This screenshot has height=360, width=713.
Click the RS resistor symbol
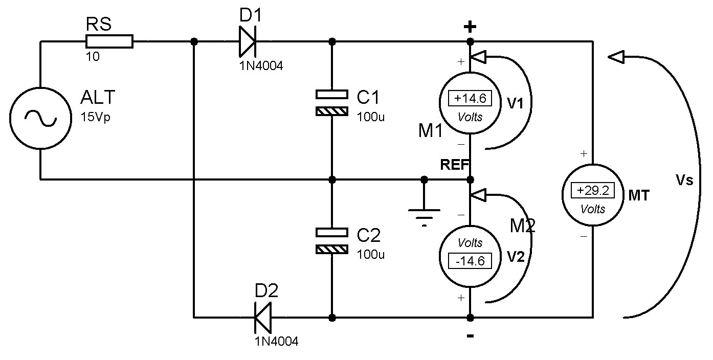click(x=109, y=41)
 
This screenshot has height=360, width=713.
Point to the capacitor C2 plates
click(x=332, y=241)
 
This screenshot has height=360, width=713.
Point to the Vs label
click(x=684, y=179)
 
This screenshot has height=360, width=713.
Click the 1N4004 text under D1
click(x=261, y=66)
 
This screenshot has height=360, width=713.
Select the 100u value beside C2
click(x=371, y=254)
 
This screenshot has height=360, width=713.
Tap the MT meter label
click(x=639, y=195)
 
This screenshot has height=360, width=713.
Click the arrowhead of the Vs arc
click(x=616, y=57)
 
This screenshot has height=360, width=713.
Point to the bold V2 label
click(x=516, y=257)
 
